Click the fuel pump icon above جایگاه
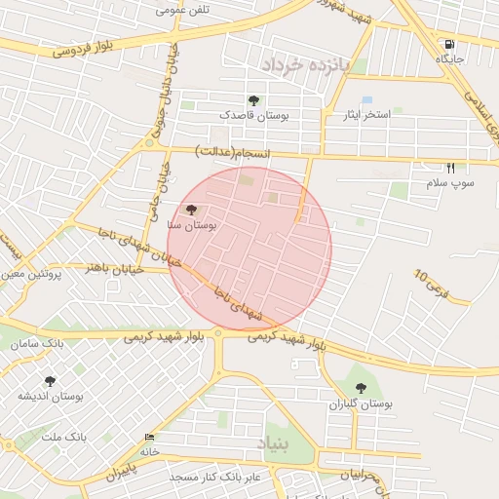click(448, 44)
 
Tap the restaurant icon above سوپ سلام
click(449, 168)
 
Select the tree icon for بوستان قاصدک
click(253, 100)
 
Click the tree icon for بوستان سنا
click(190, 210)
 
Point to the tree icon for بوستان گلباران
click(361, 388)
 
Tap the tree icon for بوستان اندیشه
click(51, 381)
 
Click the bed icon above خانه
click(149, 437)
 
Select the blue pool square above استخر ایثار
click(367, 100)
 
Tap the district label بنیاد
click(274, 444)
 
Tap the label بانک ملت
click(63, 437)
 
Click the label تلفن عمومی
click(183, 10)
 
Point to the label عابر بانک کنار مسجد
click(215, 477)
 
